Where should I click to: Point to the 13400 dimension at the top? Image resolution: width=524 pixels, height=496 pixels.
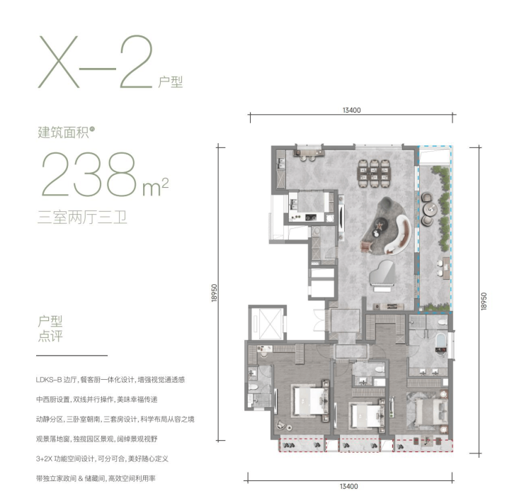point(351,110)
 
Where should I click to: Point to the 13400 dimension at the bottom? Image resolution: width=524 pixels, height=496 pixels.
point(349,486)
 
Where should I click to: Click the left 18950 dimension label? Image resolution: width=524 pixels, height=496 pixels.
point(215,293)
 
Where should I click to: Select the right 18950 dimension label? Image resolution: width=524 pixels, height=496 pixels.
point(484,301)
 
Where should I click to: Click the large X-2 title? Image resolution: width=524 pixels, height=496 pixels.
point(96,62)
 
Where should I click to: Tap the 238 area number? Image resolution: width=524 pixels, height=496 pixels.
point(89,174)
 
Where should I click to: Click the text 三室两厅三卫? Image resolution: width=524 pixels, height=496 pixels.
point(82,218)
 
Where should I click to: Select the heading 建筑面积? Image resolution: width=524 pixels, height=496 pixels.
point(63,133)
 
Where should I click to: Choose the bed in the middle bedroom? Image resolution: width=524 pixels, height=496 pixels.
point(367,416)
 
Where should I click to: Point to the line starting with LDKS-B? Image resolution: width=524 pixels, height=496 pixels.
point(110,380)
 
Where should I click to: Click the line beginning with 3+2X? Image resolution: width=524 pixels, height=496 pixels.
point(102,458)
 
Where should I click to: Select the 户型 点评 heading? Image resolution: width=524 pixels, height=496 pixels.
point(50,329)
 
